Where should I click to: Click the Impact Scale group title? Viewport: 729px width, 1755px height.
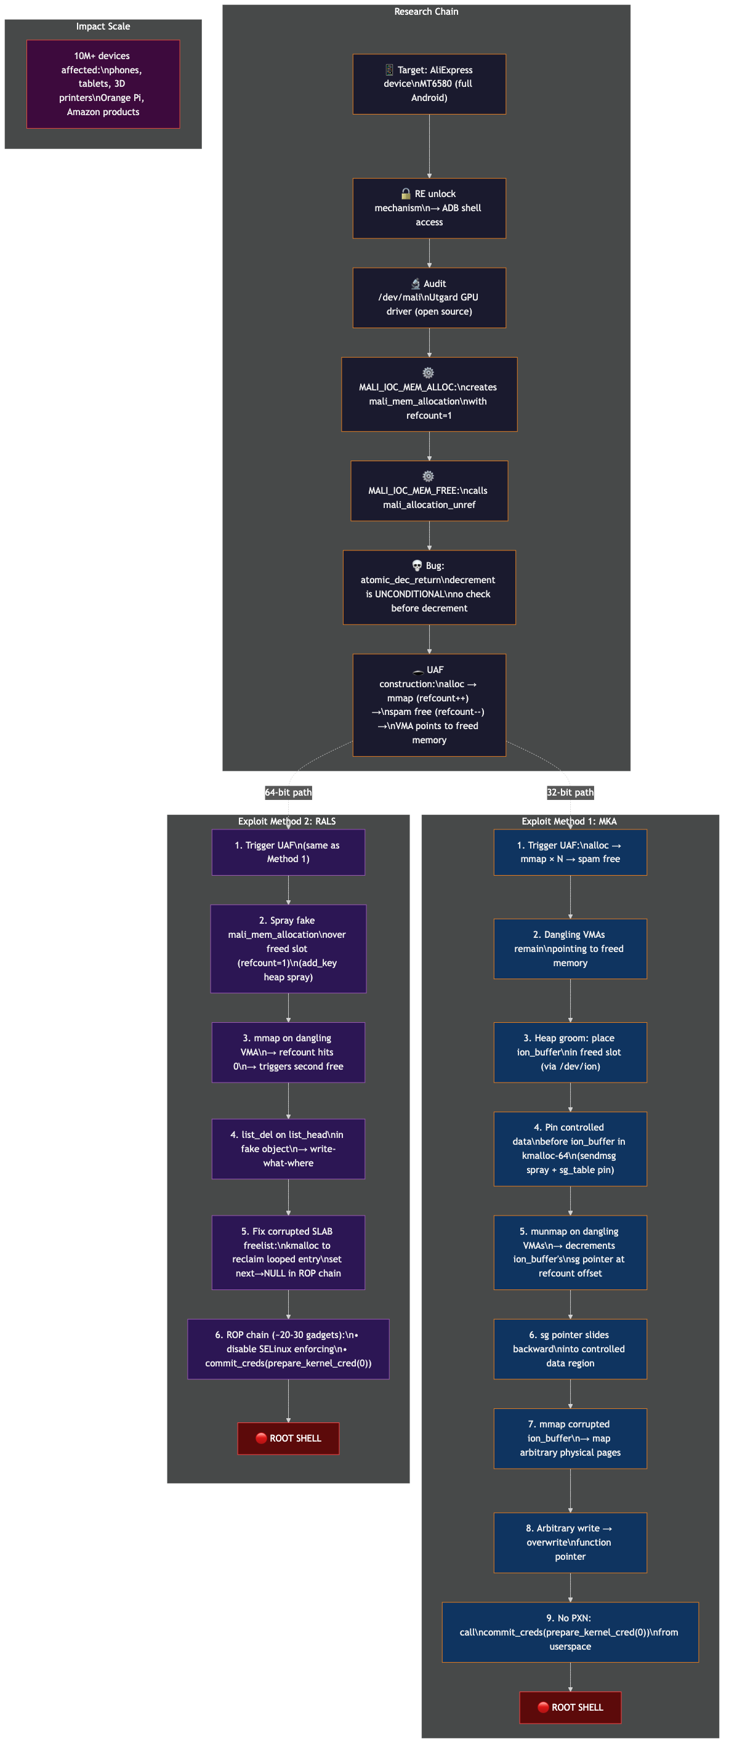(x=103, y=26)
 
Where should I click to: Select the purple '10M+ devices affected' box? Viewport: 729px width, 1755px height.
(x=103, y=84)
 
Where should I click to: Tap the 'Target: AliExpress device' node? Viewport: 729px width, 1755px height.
(x=429, y=84)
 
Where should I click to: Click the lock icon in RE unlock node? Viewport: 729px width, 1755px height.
(x=405, y=193)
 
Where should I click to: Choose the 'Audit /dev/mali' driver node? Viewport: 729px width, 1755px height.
(x=429, y=297)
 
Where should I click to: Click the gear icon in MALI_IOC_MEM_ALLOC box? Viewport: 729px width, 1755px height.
(x=428, y=373)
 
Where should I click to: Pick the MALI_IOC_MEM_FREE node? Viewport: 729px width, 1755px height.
(x=429, y=491)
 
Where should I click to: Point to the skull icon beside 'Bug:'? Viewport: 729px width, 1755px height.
(x=417, y=565)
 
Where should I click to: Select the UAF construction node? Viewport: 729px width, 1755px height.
(x=429, y=704)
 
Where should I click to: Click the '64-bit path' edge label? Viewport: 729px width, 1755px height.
(x=288, y=793)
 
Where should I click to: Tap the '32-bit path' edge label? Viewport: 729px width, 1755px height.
(x=570, y=793)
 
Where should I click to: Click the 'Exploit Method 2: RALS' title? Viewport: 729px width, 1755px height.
(x=287, y=821)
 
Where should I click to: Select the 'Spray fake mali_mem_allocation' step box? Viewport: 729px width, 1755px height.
(x=288, y=948)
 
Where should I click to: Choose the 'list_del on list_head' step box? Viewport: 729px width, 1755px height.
(x=288, y=1148)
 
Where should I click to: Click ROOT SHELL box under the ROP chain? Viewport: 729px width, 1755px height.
(x=288, y=1438)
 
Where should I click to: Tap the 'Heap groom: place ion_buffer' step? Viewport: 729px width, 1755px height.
(x=570, y=1052)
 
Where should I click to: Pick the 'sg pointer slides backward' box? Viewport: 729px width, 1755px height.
(x=570, y=1349)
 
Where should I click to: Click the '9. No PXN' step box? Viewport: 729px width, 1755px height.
(x=570, y=1632)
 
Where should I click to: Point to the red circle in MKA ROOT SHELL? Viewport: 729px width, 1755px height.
(x=543, y=1708)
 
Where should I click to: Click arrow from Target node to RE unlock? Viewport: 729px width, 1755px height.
(x=429, y=146)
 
